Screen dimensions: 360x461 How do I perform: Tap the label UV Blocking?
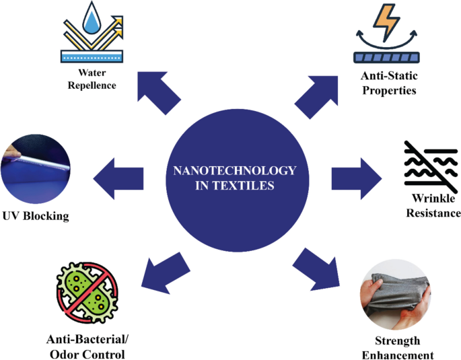[x=34, y=216]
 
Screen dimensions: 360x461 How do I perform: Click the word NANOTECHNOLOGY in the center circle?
[x=230, y=171]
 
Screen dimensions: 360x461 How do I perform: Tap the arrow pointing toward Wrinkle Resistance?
[x=355, y=178]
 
